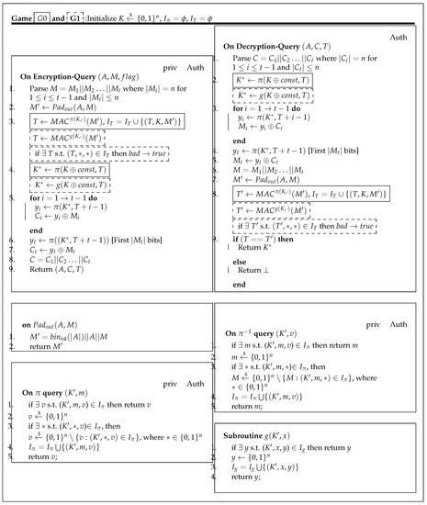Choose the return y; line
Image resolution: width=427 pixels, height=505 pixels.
[249, 489]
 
